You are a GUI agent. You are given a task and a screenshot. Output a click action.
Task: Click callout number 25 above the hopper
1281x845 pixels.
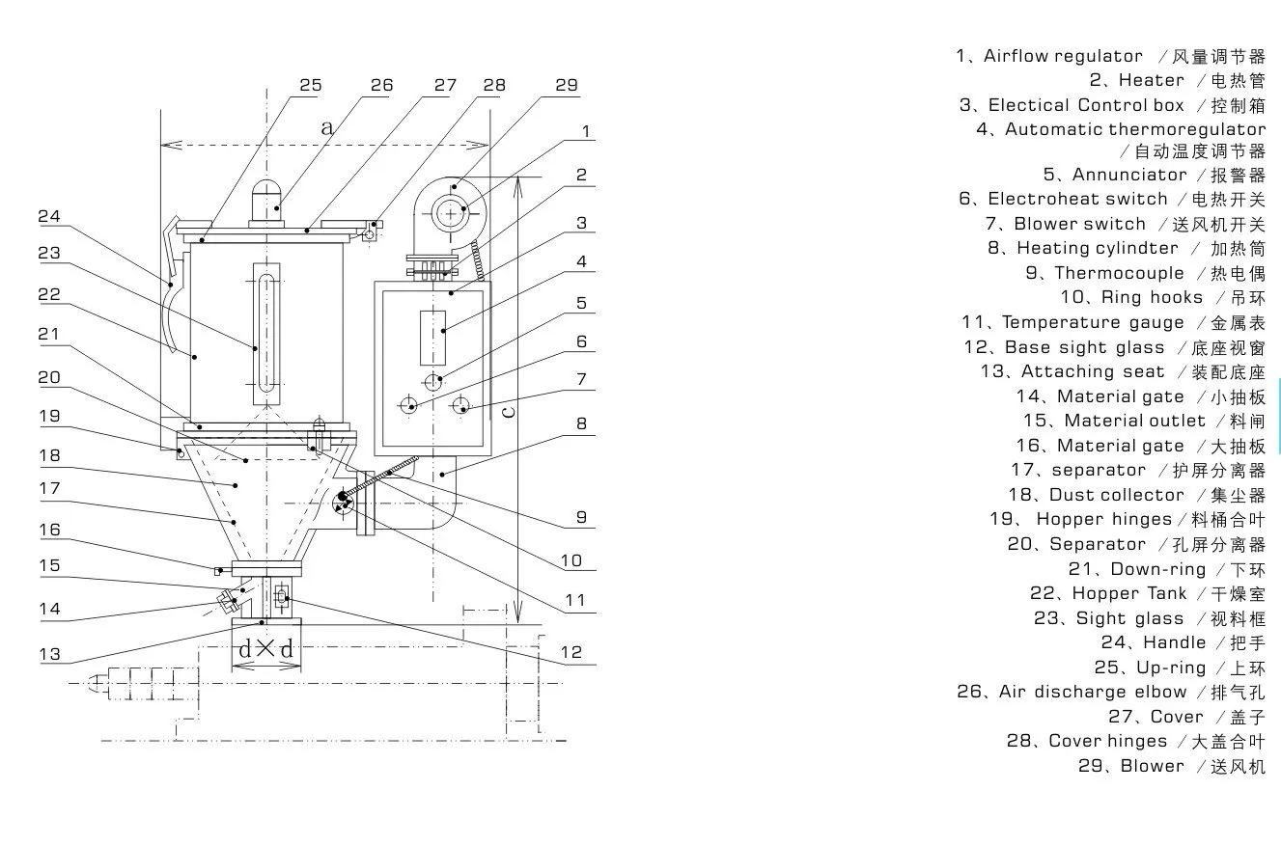310,86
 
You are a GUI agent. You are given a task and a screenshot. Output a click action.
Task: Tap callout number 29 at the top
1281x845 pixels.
567,86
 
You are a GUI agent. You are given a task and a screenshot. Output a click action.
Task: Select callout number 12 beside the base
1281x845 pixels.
571,653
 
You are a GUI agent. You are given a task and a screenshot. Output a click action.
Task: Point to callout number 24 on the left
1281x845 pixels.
49,217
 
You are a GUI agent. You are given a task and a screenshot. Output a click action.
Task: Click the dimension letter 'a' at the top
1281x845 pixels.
326,126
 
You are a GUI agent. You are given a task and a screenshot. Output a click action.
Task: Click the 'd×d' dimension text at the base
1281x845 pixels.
265,649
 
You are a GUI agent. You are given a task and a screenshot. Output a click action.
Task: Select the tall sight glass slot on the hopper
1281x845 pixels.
265,333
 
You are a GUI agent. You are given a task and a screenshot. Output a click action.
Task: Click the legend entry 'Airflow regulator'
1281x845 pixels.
1062,56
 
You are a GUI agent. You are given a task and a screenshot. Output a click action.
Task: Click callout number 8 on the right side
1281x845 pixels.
581,423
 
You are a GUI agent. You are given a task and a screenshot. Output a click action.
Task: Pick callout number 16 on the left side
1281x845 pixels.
49,530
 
